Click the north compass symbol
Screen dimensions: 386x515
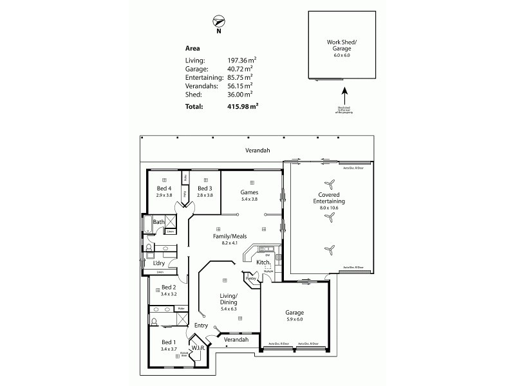coord(219,23)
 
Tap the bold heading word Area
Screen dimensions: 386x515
coord(192,48)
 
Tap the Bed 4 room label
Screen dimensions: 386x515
coord(165,188)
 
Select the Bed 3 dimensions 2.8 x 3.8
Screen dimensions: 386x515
coord(205,195)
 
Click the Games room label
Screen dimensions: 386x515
coord(249,192)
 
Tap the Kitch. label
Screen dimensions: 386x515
coord(263,262)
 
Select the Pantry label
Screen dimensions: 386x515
coord(250,278)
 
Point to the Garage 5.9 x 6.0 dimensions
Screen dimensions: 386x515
coord(294,320)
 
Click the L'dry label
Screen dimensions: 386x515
coord(158,263)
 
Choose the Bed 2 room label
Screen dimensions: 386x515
coord(169,288)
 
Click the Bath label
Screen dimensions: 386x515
coord(158,222)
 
